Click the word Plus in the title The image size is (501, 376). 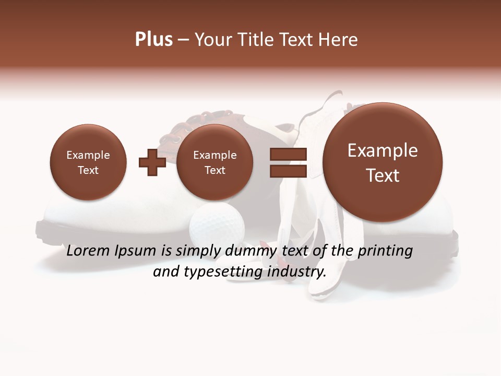coord(153,40)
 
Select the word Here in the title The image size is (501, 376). coord(338,40)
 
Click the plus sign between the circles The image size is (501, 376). coord(152,162)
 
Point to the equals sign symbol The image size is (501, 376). coord(288,162)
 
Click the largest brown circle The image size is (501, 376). coord(383,162)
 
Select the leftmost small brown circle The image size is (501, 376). coord(88,162)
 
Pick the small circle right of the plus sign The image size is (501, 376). coord(215,162)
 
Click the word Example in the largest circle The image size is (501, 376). coord(383,150)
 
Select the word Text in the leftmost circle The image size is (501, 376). coord(88,170)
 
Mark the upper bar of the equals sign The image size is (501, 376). coord(288,154)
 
